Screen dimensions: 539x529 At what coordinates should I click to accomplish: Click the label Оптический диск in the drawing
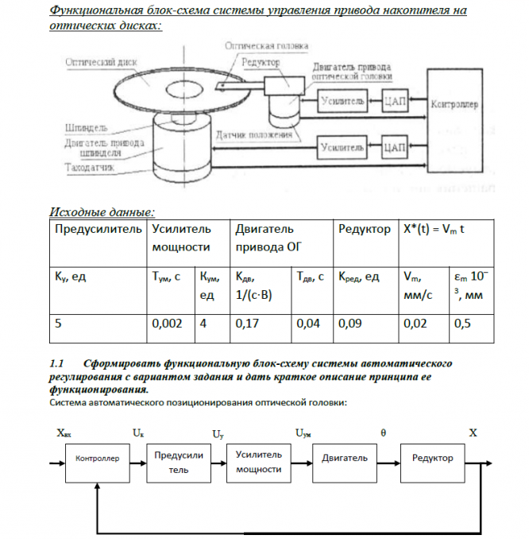coord(102,62)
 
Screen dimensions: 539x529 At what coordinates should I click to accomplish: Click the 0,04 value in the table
coord(309,324)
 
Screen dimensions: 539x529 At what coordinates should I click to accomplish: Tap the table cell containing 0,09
coord(351,324)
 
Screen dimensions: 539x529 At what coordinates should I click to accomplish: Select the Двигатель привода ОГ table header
coord(264,238)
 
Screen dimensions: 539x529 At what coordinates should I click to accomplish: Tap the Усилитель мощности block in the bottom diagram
coord(259,462)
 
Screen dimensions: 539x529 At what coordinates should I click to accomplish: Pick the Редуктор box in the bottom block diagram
coord(433,459)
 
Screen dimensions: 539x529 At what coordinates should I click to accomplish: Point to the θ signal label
coord(384,432)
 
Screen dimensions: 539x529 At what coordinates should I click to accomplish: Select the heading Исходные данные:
coord(102,211)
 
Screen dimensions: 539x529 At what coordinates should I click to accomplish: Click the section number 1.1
coord(57,361)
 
